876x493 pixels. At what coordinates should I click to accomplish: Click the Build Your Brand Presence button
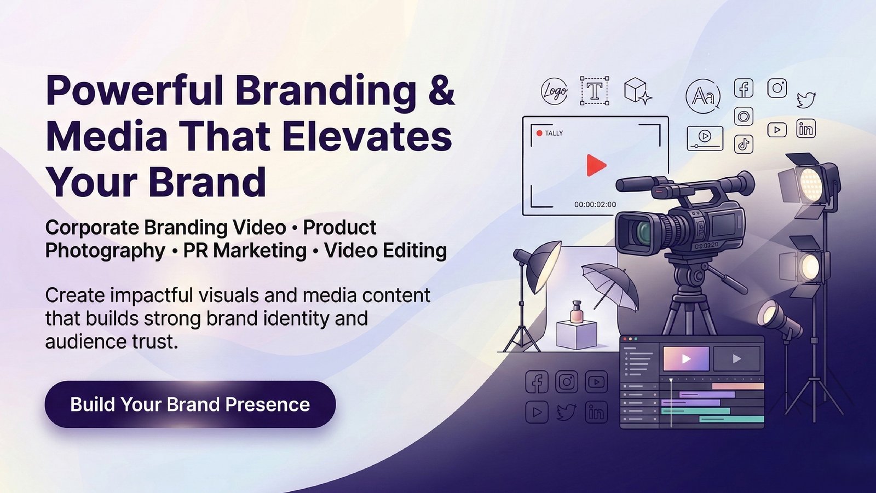click(190, 404)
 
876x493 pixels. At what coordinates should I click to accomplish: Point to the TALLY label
click(554, 134)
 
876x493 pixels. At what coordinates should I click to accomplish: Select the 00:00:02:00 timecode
click(595, 205)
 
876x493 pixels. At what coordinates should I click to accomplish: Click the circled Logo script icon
click(554, 91)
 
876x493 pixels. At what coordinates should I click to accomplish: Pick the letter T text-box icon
click(595, 91)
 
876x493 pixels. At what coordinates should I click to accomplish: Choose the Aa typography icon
click(703, 96)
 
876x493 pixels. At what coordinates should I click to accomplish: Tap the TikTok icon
click(744, 144)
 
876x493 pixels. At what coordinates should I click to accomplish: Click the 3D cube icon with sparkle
click(637, 91)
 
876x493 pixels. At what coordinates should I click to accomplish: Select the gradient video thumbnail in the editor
click(686, 358)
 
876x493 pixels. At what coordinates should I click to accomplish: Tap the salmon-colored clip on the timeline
click(738, 386)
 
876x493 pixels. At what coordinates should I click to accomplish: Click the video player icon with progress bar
click(705, 138)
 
